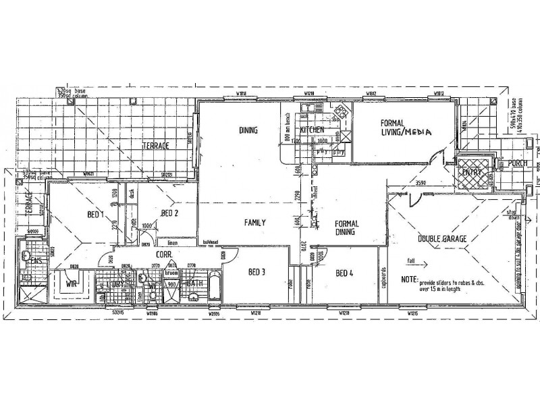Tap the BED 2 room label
click(169, 213)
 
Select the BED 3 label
click(256, 272)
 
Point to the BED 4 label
click(344, 273)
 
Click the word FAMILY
click(254, 222)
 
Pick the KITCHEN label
click(313, 128)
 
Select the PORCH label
click(518, 163)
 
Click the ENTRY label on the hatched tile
click(470, 171)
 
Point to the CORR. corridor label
click(164, 255)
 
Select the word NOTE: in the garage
click(409, 278)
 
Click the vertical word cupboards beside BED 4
click(383, 277)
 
